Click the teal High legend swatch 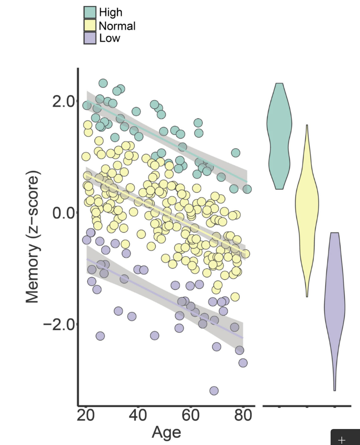pos(90,12)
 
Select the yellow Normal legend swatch pos(90,25)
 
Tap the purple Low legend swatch pos(90,38)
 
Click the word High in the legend pos(111,12)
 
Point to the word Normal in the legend pos(117,26)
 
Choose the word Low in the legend pos(110,38)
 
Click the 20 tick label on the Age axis pos(86,415)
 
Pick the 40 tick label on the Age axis pos(138,415)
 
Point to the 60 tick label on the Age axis pos(191,415)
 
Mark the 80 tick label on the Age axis pos(243,415)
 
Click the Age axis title pos(166,433)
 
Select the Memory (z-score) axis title pos(33,237)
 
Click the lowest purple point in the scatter pos(214,391)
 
